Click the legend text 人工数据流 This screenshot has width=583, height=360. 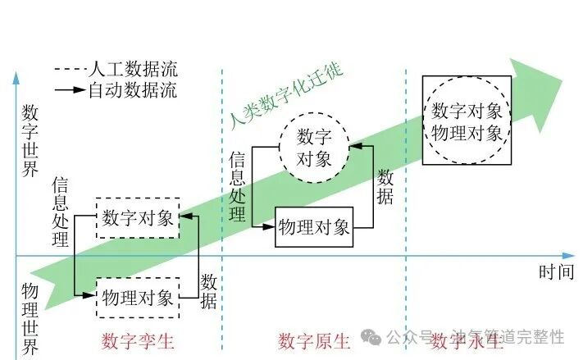pyautogui.click(x=131, y=70)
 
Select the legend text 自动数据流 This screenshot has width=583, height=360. pyautogui.click(x=131, y=89)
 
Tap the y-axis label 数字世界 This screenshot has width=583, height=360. pyautogui.click(x=31, y=141)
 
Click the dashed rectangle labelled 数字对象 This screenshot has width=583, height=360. pyautogui.click(x=138, y=218)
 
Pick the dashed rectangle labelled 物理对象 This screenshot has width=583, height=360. pyautogui.click(x=138, y=297)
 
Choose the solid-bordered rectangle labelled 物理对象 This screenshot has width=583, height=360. pyautogui.click(x=314, y=226)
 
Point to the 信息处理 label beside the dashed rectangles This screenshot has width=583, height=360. pyautogui.click(x=61, y=212)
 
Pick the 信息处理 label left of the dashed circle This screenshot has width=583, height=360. pyautogui.click(x=238, y=186)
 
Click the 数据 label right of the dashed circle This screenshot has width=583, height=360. pyautogui.click(x=385, y=186)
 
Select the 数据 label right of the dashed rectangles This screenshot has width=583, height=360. pyautogui.click(x=208, y=291)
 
